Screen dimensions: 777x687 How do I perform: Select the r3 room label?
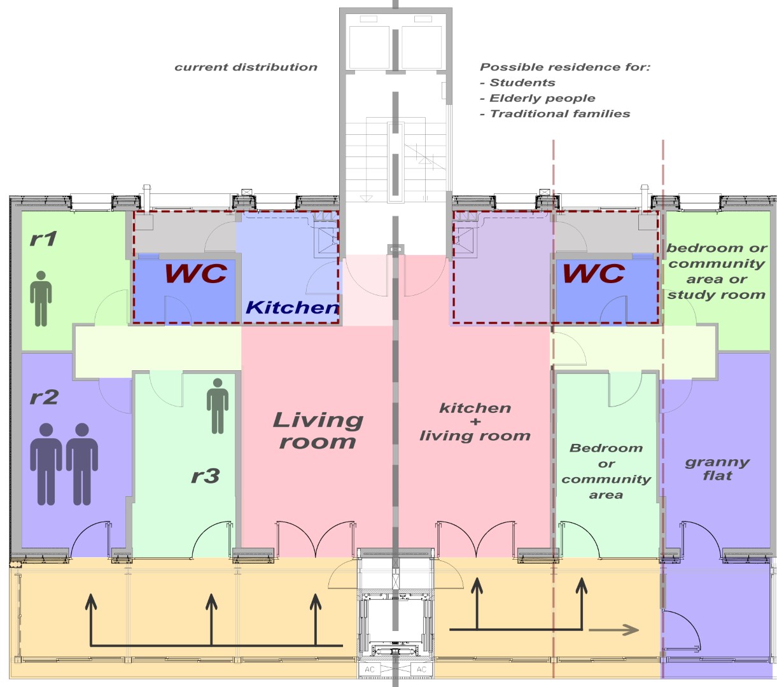(205, 476)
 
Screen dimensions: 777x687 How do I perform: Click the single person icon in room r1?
(41, 298)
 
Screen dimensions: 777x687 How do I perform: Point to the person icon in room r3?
(217, 406)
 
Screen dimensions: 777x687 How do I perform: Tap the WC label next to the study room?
(594, 274)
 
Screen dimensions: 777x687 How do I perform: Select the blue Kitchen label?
(292, 307)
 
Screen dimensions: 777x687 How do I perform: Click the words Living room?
(318, 430)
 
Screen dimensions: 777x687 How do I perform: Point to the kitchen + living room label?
(475, 422)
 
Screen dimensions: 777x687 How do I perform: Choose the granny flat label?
(717, 468)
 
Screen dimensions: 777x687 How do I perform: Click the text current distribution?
(246, 67)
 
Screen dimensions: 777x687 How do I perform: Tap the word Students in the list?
(522, 83)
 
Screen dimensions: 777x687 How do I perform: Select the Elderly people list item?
(542, 98)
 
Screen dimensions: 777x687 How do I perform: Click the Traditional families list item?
(560, 113)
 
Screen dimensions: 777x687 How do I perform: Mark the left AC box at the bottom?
(369, 669)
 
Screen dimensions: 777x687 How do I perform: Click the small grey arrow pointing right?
(613, 630)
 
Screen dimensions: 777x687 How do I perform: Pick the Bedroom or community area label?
(606, 471)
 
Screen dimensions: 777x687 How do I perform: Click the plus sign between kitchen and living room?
(475, 422)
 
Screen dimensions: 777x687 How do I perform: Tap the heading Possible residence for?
(565, 67)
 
